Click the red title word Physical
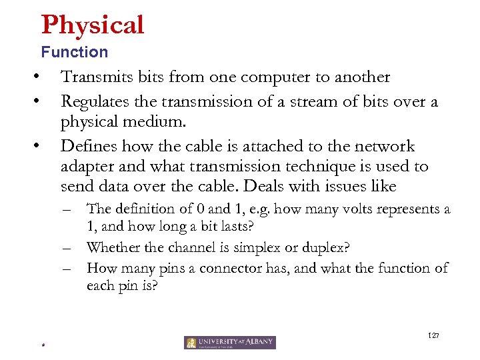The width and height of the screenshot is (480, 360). coord(93,25)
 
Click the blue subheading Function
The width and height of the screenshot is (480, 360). coord(74,52)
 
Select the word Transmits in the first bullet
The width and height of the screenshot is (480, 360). coord(94,77)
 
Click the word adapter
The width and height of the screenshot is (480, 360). coord(87,167)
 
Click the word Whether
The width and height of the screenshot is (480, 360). coord(113,247)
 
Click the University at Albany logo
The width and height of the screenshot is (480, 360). coord(230,343)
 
